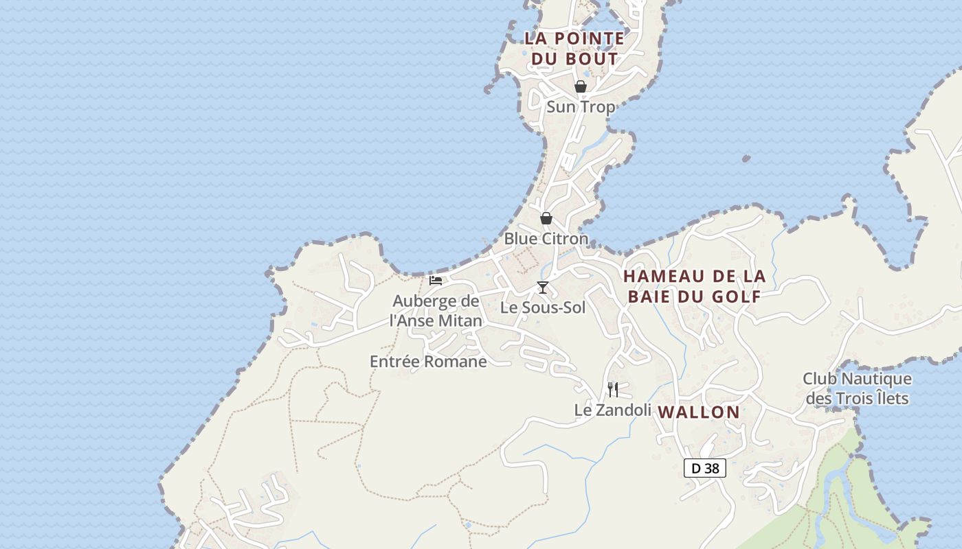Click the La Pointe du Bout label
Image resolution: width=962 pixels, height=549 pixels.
(x=574, y=48)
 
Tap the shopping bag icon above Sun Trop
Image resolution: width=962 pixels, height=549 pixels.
(x=581, y=86)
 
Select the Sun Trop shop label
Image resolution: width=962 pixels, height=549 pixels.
(x=581, y=107)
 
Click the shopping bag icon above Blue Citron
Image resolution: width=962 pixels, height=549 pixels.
(x=546, y=218)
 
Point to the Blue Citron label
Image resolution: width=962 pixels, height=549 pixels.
(x=546, y=239)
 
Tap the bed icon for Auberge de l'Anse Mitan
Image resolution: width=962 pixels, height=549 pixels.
(x=436, y=280)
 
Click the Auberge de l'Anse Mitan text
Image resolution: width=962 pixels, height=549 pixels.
(x=436, y=311)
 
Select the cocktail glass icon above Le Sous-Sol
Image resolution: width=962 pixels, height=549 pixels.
(x=543, y=287)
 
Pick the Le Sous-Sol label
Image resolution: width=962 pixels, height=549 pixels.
(x=543, y=307)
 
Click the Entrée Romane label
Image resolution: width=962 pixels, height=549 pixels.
(x=428, y=362)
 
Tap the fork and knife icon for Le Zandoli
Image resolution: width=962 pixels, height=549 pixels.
(x=613, y=390)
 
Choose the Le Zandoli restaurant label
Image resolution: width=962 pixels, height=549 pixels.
(x=613, y=410)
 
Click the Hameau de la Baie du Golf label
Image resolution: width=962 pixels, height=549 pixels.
(x=695, y=286)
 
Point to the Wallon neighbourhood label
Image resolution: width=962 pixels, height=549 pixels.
(x=699, y=412)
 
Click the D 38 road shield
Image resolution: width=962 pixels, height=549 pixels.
(x=705, y=468)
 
